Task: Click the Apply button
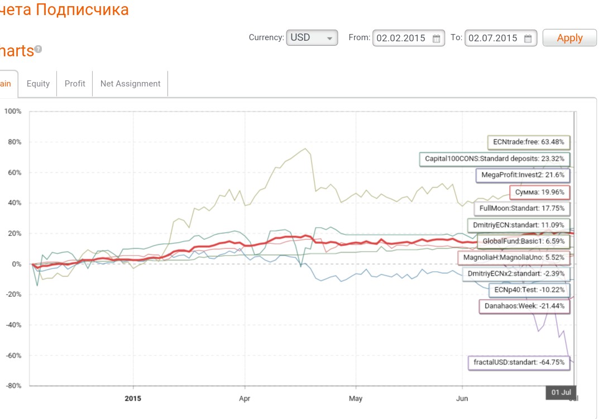coord(569,38)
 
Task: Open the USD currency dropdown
coord(312,38)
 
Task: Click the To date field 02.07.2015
coord(500,38)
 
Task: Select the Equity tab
coord(38,84)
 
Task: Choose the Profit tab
coord(75,84)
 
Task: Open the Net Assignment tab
coord(130,84)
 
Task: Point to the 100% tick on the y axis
coord(13,112)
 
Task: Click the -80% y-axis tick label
coord(13,386)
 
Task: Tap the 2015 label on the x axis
coord(133,398)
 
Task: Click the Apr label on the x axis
coord(245,398)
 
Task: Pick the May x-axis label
coord(356,398)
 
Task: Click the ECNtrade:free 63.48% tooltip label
coord(528,142)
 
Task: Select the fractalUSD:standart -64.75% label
coord(519,363)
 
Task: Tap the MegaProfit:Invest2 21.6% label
coord(523,175)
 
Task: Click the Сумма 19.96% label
coord(539,192)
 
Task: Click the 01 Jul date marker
coord(561,392)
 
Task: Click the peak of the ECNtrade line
coord(305,149)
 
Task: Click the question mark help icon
coord(39,49)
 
